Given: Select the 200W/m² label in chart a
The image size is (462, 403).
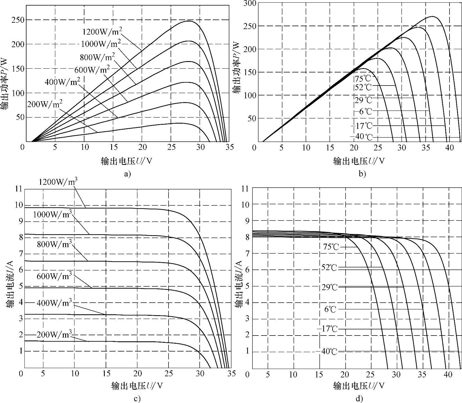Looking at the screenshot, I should (x=45, y=104).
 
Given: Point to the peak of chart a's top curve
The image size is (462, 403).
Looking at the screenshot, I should (x=189, y=21).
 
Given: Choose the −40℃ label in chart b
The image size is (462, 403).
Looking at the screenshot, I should (x=361, y=137).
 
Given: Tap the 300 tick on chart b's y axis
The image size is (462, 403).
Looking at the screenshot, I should (x=250, y=3).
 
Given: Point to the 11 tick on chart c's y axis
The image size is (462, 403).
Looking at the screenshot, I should (x=18, y=189).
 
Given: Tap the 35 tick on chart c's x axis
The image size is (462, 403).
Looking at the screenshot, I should (x=231, y=374).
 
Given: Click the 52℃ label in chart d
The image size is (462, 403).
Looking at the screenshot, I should (x=329, y=267).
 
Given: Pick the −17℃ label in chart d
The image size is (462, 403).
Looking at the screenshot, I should (x=327, y=329).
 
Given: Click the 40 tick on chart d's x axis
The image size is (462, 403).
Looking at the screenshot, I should (x=448, y=374).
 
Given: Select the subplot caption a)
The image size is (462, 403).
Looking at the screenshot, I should (x=127, y=174).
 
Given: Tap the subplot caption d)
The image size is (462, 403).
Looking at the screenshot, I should (x=359, y=398).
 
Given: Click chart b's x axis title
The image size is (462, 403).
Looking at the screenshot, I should (x=359, y=161).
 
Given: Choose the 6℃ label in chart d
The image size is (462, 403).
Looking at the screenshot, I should (x=330, y=309).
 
